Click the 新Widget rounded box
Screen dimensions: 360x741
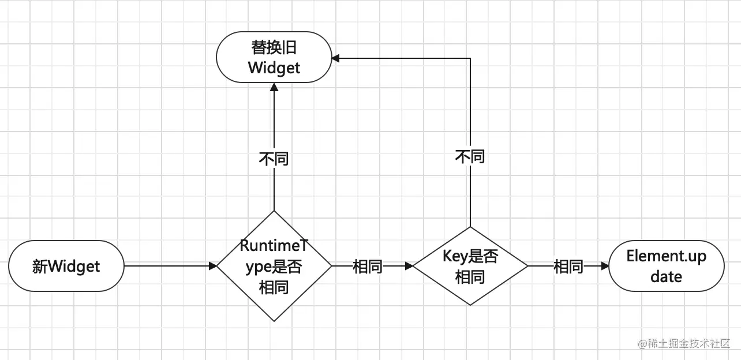tap(66, 266)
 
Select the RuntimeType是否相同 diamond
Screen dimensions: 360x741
tap(274, 266)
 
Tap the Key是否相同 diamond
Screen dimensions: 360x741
tap(470, 266)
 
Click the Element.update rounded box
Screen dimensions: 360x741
tap(667, 266)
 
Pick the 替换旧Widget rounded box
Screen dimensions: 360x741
tap(274, 57)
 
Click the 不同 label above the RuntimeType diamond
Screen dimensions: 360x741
tap(274, 159)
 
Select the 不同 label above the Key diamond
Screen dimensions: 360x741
tap(470, 156)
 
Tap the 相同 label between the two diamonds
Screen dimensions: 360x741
tap(368, 267)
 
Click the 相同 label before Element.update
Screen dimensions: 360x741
tap(568, 267)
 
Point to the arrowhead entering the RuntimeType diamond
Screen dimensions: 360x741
tap(212, 266)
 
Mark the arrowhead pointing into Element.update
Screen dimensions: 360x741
tap(605, 266)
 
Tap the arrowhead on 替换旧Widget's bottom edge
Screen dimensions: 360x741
tap(274, 87)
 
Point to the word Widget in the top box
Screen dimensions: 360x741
tap(274, 68)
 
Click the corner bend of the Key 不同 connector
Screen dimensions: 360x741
tap(470, 58)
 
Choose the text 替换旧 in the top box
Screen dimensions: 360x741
tap(274, 47)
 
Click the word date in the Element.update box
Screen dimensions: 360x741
tap(667, 276)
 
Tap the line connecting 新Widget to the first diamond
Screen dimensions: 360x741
tap(167, 266)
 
